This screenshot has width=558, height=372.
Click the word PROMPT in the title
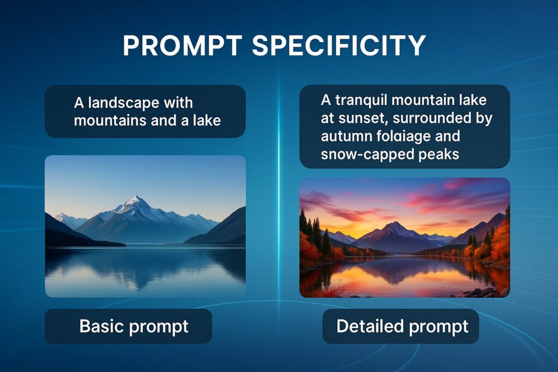coord(183,46)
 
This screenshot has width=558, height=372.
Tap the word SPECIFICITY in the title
coord(339,46)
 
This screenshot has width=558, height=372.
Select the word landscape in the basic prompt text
coord(124,103)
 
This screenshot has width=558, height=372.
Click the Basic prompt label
coord(134,326)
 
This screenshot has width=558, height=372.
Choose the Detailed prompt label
coord(402,326)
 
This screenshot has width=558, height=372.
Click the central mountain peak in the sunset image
coord(395,226)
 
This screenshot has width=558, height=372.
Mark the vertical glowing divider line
coord(278,185)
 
